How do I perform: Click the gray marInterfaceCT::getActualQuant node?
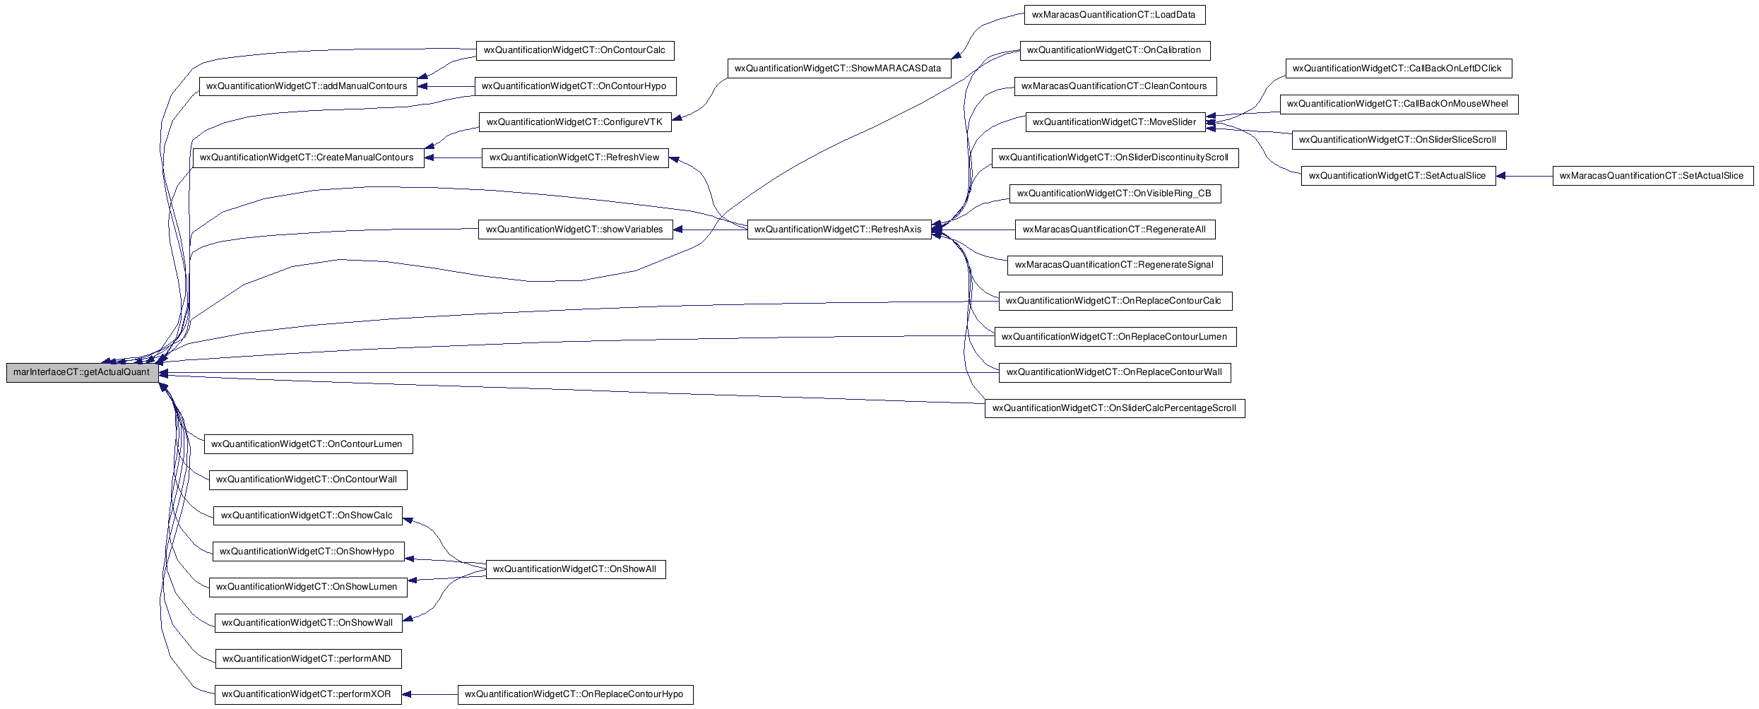[83, 373]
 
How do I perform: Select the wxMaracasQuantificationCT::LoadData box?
[1114, 15]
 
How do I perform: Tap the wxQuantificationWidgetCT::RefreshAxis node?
[839, 230]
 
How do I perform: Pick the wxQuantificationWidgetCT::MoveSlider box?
[1115, 122]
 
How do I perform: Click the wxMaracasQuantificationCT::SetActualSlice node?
[1653, 176]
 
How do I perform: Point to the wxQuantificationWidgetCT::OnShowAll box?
[576, 569]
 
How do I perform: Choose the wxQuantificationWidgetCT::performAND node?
[308, 659]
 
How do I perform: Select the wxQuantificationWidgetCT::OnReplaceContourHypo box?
[576, 695]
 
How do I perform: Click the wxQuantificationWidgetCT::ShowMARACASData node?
[839, 68]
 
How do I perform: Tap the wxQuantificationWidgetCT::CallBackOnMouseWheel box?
[1399, 105]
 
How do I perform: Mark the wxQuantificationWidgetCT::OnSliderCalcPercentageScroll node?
[1115, 408]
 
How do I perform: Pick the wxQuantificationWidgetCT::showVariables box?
[576, 230]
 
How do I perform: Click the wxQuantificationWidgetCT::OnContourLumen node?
[308, 444]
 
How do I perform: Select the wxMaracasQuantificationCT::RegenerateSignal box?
[1115, 266]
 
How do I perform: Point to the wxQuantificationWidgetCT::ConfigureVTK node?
[576, 122]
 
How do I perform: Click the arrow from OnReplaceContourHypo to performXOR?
[430, 695]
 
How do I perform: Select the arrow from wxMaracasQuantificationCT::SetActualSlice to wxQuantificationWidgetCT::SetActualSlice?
[1524, 176]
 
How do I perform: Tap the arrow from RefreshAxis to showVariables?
[710, 230]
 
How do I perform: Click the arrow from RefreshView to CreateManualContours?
[453, 158]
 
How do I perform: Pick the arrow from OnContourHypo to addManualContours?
[446, 86]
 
